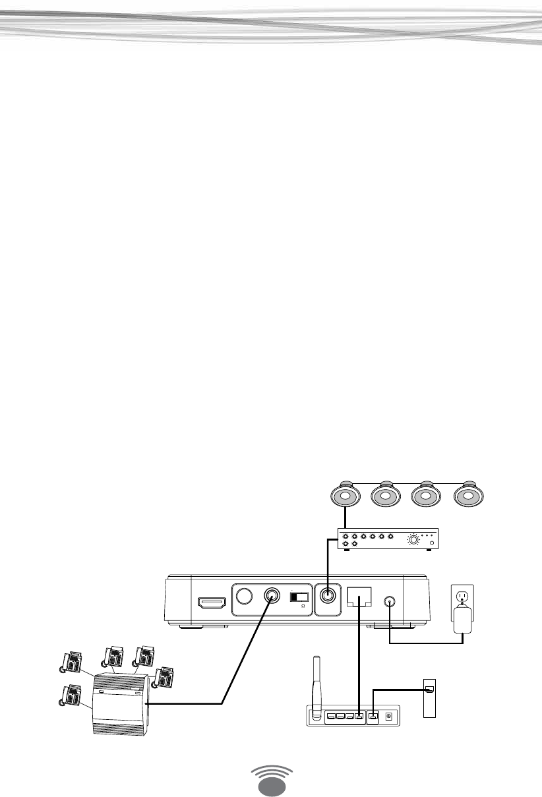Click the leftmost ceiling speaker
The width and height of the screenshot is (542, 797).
[344, 495]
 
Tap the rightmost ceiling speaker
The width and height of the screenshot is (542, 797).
[468, 495]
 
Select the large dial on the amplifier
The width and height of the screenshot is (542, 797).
[413, 541]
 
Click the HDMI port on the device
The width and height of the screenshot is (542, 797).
[212, 603]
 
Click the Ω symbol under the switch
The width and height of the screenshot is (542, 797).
[303, 606]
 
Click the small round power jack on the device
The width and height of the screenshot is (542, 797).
[390, 601]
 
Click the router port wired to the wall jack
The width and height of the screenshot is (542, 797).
[373, 715]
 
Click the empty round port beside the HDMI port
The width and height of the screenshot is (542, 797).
[244, 597]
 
